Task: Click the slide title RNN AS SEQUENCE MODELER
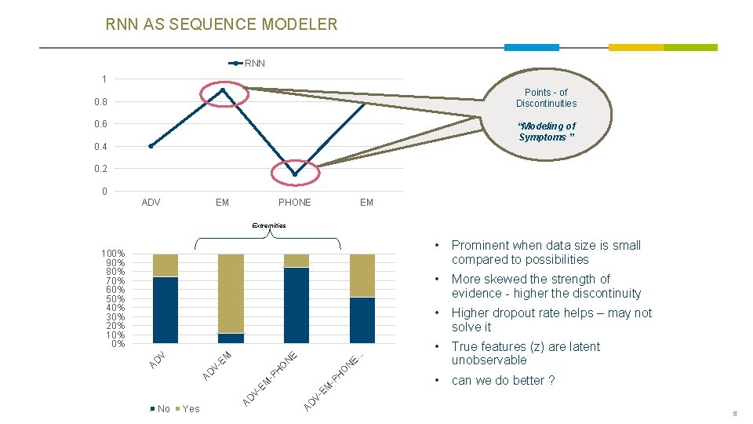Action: click(221, 24)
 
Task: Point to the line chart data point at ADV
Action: click(151, 146)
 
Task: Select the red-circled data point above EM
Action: click(224, 90)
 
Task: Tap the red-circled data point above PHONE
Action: click(294, 174)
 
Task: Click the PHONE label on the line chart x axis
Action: click(294, 203)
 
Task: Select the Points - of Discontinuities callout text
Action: click(546, 98)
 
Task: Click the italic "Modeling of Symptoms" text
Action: click(546, 132)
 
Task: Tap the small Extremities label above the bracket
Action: click(269, 225)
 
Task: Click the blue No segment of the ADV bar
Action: click(166, 309)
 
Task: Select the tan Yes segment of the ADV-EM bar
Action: click(231, 292)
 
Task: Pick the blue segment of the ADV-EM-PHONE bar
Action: click(296, 305)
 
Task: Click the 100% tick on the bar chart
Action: click(113, 254)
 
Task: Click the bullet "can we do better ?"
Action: click(503, 381)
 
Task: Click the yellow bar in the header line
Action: click(635, 48)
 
